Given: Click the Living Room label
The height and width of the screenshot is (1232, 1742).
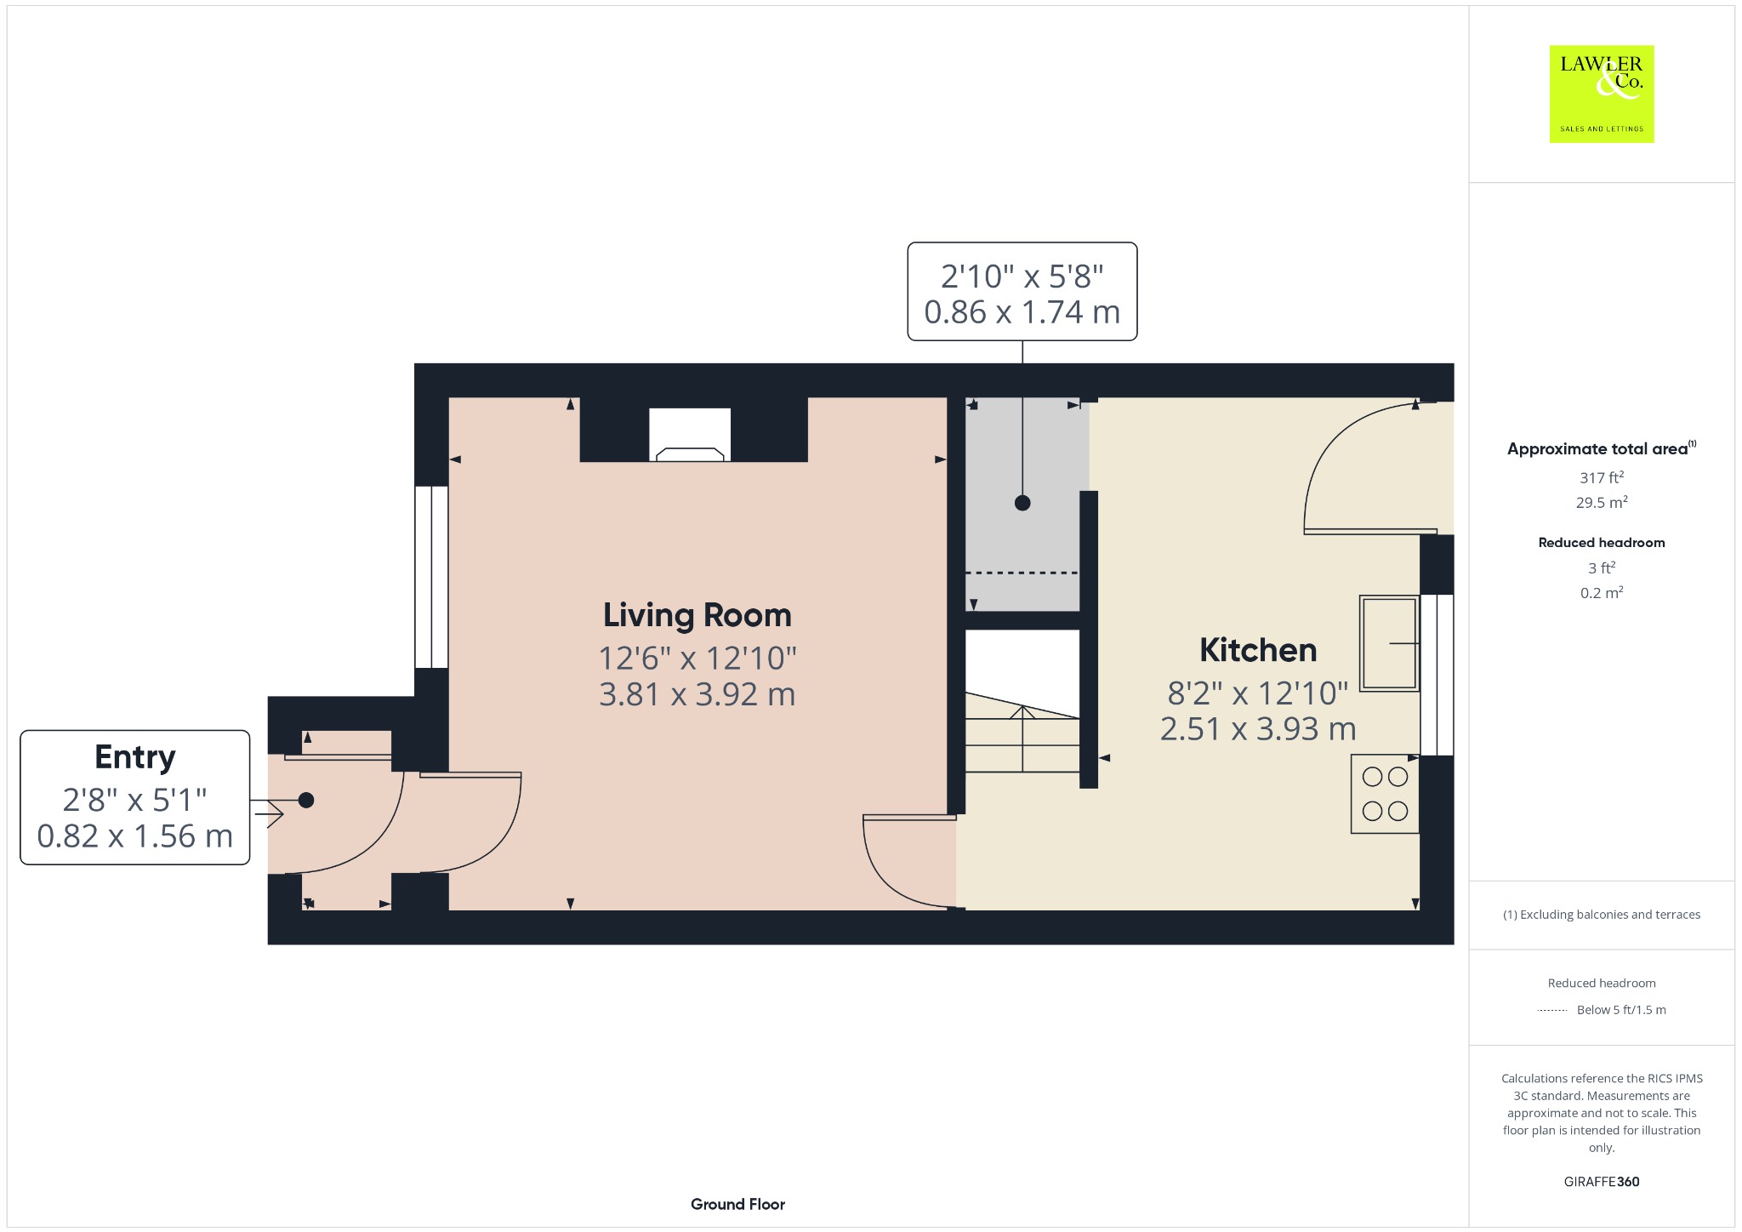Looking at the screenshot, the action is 697,615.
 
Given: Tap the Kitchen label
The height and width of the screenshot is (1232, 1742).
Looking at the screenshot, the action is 1258,650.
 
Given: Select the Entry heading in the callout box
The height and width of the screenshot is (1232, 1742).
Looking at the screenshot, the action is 135,757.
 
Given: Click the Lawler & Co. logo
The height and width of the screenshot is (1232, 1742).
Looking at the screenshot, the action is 1602,94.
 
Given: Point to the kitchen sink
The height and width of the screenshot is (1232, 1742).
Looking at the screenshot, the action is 1389,642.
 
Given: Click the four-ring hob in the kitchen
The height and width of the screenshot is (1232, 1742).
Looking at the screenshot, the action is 1385,794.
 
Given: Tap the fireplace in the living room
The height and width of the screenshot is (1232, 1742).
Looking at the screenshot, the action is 690,435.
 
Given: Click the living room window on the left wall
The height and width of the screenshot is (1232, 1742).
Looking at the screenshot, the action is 432,577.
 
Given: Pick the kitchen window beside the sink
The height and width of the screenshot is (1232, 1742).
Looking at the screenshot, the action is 1437,675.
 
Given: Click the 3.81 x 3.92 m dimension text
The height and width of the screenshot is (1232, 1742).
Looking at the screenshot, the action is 697,694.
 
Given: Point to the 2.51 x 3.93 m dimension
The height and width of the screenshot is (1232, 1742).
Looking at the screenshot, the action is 1258,729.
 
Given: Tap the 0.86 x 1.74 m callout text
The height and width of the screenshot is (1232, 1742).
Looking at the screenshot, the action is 1022,312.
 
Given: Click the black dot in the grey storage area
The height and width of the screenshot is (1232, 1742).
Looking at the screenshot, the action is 1022,503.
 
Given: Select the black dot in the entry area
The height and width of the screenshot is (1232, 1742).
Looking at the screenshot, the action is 306,800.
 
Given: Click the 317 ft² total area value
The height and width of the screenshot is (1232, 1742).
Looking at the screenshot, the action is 1602,477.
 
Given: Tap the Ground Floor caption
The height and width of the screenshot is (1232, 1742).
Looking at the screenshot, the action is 737,1204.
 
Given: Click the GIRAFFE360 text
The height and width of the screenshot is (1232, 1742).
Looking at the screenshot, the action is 1602,1181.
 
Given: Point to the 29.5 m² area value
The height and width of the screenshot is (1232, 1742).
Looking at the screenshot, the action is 1602,502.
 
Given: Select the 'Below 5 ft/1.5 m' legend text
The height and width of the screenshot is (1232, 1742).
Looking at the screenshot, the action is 1621,1010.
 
